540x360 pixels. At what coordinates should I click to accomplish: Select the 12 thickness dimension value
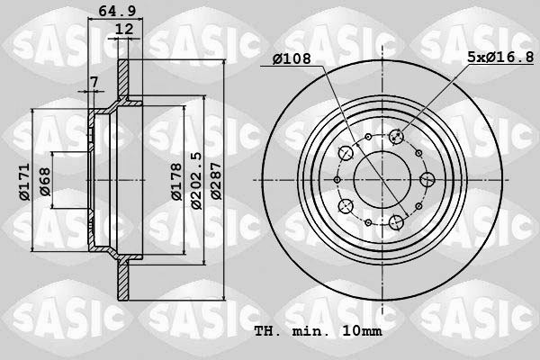[124, 30]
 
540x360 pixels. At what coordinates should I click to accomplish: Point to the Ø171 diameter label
[24, 179]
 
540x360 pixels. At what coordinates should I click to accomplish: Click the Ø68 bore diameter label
[44, 179]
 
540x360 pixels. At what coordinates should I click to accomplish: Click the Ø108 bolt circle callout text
[293, 58]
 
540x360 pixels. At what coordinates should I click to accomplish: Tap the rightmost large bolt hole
[429, 179]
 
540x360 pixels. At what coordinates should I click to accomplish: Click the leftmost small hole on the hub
[337, 179]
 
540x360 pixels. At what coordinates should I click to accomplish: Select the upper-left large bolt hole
[346, 153]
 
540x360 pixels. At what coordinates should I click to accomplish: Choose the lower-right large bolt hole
[395, 221]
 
